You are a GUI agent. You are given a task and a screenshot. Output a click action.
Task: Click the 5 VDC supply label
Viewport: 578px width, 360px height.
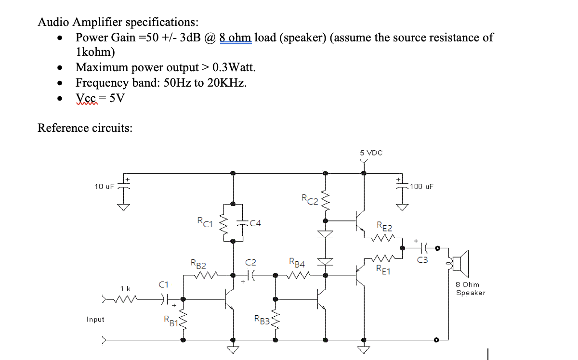(x=371, y=153)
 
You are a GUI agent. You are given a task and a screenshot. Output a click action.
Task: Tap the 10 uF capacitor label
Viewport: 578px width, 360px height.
(x=104, y=186)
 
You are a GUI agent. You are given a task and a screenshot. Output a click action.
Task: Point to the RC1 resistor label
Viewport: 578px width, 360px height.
(x=205, y=222)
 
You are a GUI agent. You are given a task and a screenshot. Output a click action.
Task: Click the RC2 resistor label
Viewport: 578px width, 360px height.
(x=309, y=198)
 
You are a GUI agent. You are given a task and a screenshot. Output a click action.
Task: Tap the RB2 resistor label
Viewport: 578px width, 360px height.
(x=198, y=264)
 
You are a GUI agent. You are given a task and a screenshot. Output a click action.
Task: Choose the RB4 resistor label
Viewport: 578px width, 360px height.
(x=297, y=263)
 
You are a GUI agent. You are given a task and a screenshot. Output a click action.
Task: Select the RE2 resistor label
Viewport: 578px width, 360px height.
(x=384, y=226)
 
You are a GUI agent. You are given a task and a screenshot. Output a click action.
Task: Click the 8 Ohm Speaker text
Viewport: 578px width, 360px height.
(x=471, y=289)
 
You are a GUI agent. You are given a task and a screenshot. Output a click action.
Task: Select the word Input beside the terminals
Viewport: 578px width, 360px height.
(x=95, y=320)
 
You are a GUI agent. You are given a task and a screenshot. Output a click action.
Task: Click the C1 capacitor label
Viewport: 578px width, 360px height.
(x=164, y=284)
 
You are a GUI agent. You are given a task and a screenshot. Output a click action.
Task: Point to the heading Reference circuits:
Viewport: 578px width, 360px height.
(x=85, y=128)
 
